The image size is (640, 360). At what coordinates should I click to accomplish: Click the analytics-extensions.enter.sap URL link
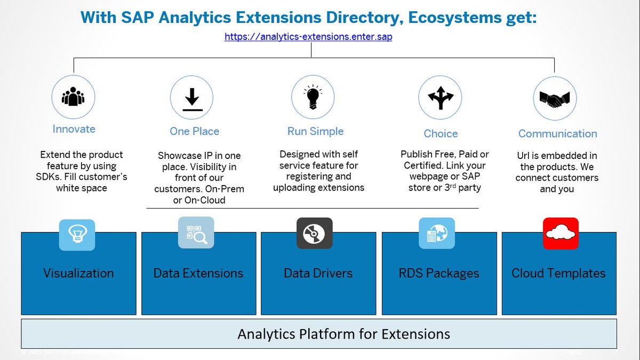(308, 37)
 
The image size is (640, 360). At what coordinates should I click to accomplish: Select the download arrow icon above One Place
(191, 98)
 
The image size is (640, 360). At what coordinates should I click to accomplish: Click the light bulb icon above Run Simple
(313, 97)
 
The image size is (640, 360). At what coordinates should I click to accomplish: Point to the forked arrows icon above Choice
(440, 97)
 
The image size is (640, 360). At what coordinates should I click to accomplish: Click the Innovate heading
(74, 129)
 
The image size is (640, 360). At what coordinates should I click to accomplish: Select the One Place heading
(194, 131)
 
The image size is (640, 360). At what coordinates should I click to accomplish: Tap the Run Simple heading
(315, 131)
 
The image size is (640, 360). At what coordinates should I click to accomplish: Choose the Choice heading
(441, 133)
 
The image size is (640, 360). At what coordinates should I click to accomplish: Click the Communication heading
(557, 133)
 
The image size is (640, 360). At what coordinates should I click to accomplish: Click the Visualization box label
(78, 274)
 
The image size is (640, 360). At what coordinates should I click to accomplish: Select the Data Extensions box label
(198, 274)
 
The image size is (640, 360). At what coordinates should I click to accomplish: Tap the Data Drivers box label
(318, 274)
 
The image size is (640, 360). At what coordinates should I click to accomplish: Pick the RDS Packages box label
(439, 274)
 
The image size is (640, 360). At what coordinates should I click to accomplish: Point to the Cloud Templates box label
(558, 274)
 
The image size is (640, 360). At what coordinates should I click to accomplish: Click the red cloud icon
(560, 234)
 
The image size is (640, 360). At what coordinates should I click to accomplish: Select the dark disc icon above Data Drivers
(314, 234)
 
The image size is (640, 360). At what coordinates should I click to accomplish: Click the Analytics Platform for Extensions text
(343, 334)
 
